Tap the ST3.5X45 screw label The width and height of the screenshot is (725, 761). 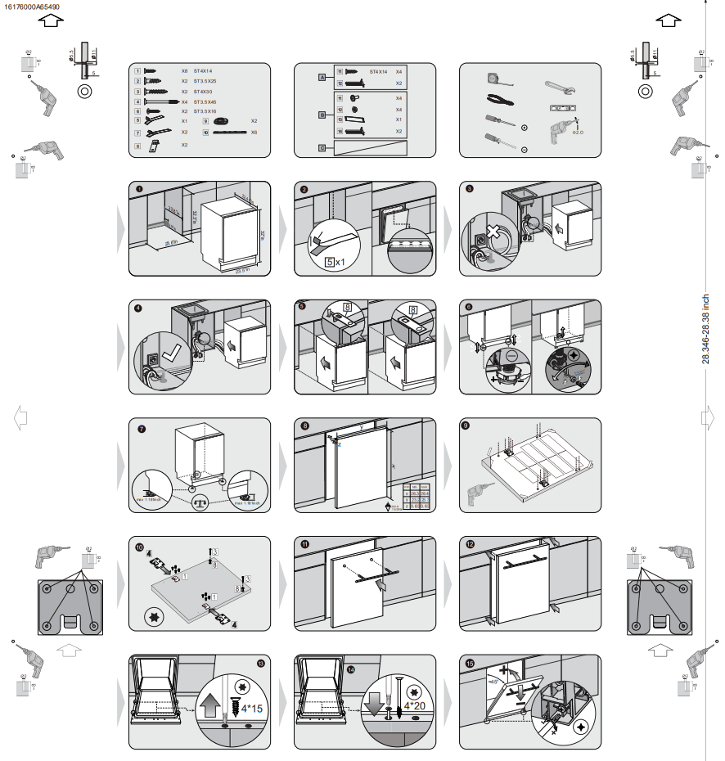[205, 101]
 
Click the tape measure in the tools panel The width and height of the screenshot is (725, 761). [497, 77]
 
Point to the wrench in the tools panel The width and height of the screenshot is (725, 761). [562, 85]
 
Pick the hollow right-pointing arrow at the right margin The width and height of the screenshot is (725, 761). [708, 417]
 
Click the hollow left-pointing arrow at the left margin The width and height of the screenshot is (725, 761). [20, 417]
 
